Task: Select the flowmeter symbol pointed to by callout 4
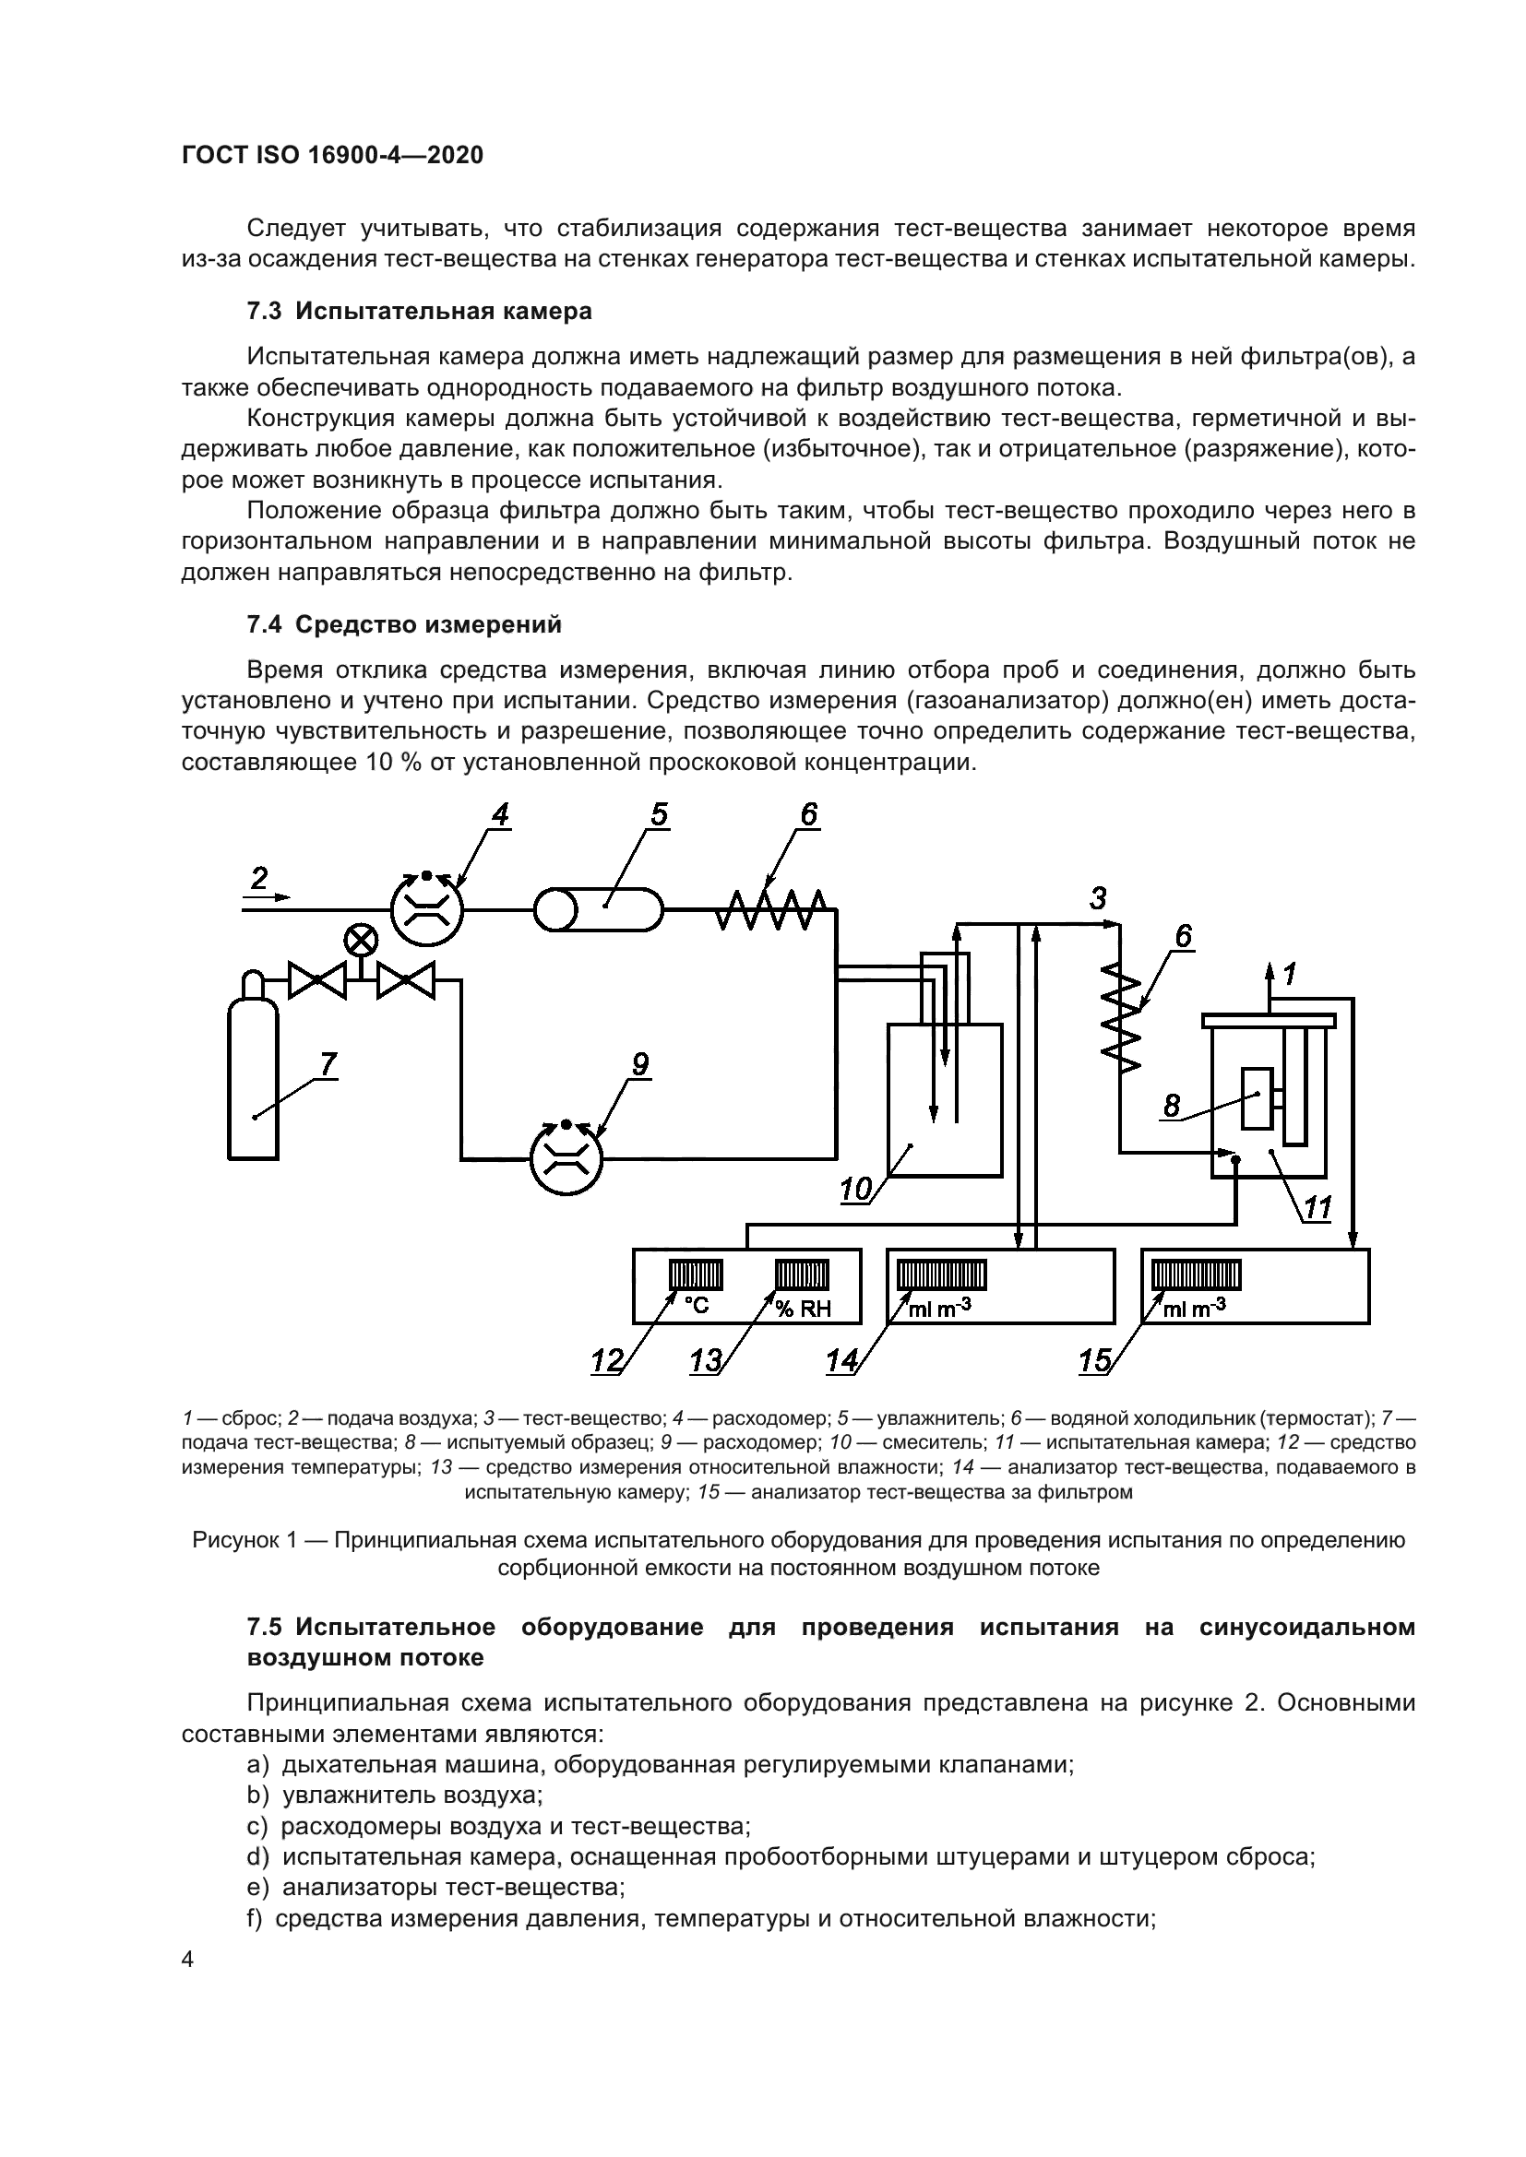[x=427, y=909]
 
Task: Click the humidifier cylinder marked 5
[x=599, y=909]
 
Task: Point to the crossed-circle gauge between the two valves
[x=360, y=940]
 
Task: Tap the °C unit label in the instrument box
[x=696, y=1306]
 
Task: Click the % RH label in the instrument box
[x=804, y=1308]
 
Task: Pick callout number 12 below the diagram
[x=607, y=1361]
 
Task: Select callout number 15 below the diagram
[x=1095, y=1361]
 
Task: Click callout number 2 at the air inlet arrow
[x=258, y=879]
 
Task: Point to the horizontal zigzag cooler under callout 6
[x=770, y=909]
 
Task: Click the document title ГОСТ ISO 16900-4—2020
[x=332, y=155]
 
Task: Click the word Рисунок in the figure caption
[x=237, y=1540]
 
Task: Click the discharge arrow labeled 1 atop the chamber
[x=1270, y=982]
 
